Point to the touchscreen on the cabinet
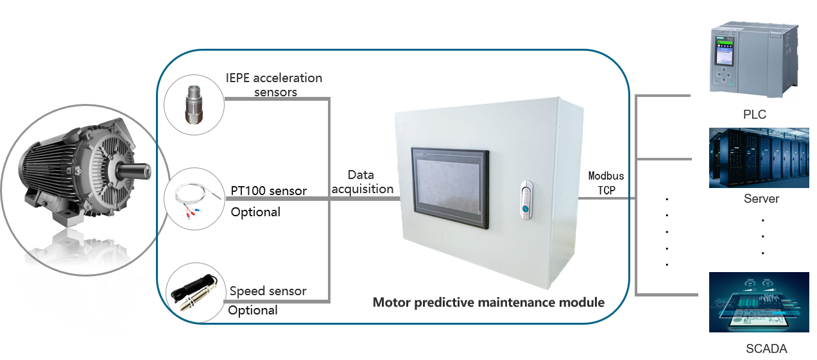449,189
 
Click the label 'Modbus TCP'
606,183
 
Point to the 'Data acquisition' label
361,182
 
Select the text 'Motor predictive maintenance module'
488,302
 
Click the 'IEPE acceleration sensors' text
274,85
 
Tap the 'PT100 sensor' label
268,191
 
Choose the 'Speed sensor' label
268,291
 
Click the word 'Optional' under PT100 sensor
255,212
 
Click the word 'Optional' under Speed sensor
253,311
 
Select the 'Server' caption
761,198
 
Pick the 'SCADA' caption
766,349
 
